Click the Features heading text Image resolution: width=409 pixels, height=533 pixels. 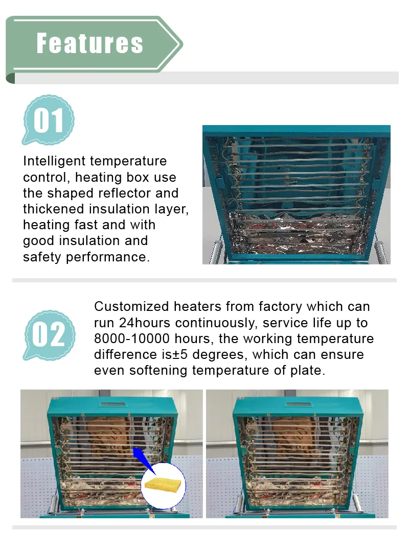90,43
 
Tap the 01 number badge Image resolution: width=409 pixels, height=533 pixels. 48,120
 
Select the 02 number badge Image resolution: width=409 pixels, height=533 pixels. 49,335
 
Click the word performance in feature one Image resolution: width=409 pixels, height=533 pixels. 107,257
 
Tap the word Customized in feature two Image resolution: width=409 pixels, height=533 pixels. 131,307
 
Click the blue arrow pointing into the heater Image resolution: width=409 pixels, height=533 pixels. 144,461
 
